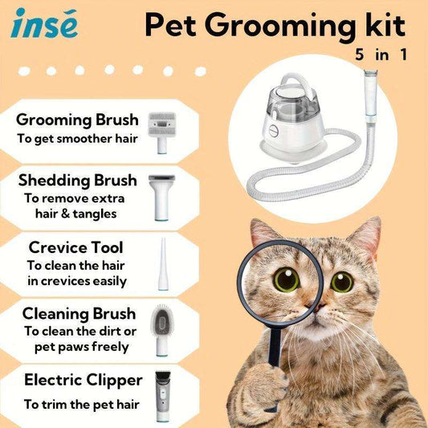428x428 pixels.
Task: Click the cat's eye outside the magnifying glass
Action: click(x=342, y=282)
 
